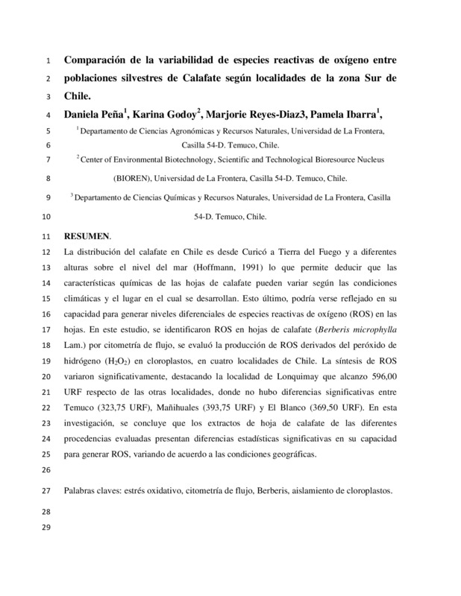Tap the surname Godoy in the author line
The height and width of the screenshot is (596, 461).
point(175,115)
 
